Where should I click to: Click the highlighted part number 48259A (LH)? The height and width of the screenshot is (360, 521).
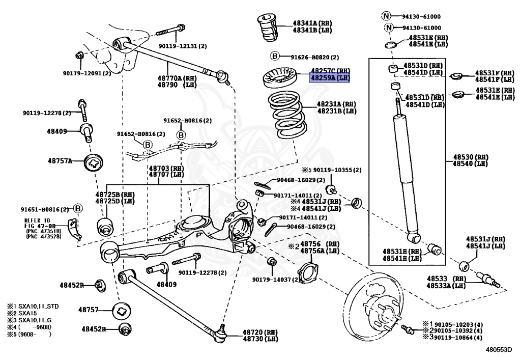coord(330,78)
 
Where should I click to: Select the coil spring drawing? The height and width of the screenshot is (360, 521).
coord(288,115)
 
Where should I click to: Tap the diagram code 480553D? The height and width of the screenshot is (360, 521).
coord(498,350)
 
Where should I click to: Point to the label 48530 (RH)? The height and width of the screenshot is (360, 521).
coord(470,157)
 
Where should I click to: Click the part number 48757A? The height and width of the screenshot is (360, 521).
coord(59,161)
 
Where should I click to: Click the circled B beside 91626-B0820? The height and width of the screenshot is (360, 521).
coord(275,57)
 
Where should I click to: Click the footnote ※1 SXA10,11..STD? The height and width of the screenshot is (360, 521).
coord(31,306)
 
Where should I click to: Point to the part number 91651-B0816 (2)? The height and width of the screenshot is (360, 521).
coord(44,209)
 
